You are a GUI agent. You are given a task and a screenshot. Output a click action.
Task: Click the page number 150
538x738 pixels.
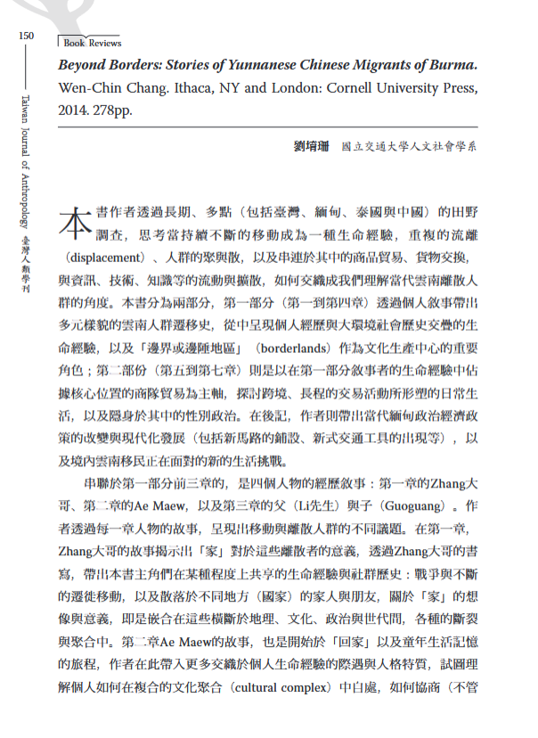pos(25,35)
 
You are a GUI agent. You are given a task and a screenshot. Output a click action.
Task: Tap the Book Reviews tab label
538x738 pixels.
pos(92,42)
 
